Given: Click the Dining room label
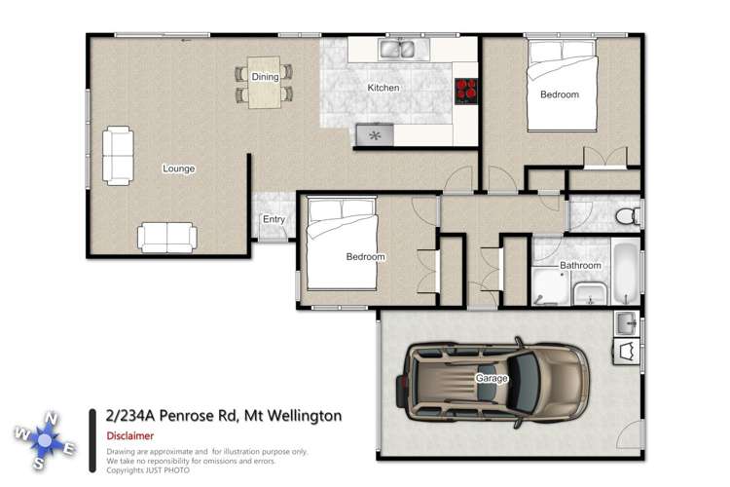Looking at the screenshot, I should coord(265,76).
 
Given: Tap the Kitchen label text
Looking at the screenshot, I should coord(383,88).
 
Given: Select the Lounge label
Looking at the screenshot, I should coord(178,169).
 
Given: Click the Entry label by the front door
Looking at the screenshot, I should coord(274,219).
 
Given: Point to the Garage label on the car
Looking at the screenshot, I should coord(492,378).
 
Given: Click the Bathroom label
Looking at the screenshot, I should coord(580,265).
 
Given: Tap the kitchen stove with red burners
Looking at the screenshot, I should coord(466,90).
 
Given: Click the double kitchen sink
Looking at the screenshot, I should coord(398,48).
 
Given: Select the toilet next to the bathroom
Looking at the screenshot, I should coord(628,212).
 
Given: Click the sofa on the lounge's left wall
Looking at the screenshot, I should coord(118,155).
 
